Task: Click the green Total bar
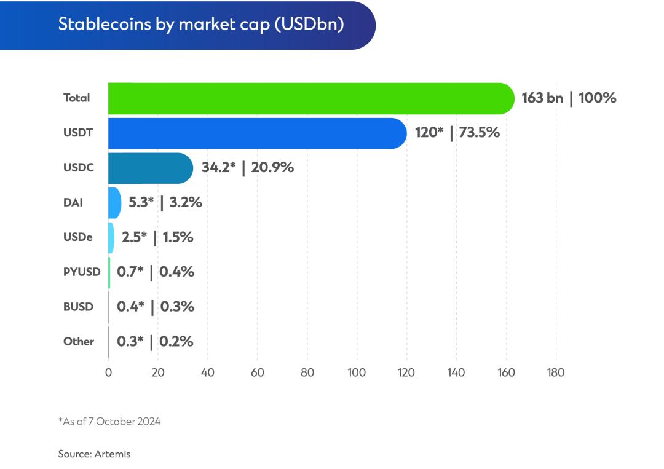pos(310,98)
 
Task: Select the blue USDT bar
pos(257,133)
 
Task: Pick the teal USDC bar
pos(150,168)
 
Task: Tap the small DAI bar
pos(114,203)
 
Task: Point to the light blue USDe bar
pos(111,237)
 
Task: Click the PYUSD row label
pos(82,272)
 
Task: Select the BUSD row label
pos(79,306)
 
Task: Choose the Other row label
pos(79,341)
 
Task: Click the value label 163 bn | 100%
pos(569,98)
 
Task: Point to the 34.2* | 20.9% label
pos(247,167)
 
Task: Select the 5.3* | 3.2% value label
pos(165,202)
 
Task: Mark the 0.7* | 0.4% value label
pos(156,271)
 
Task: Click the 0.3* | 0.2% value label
pos(155,341)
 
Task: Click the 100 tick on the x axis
pos(357,372)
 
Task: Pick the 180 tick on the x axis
pos(555,372)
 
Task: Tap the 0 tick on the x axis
pos(108,372)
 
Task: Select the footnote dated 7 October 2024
pos(109,422)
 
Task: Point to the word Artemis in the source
pos(113,454)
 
